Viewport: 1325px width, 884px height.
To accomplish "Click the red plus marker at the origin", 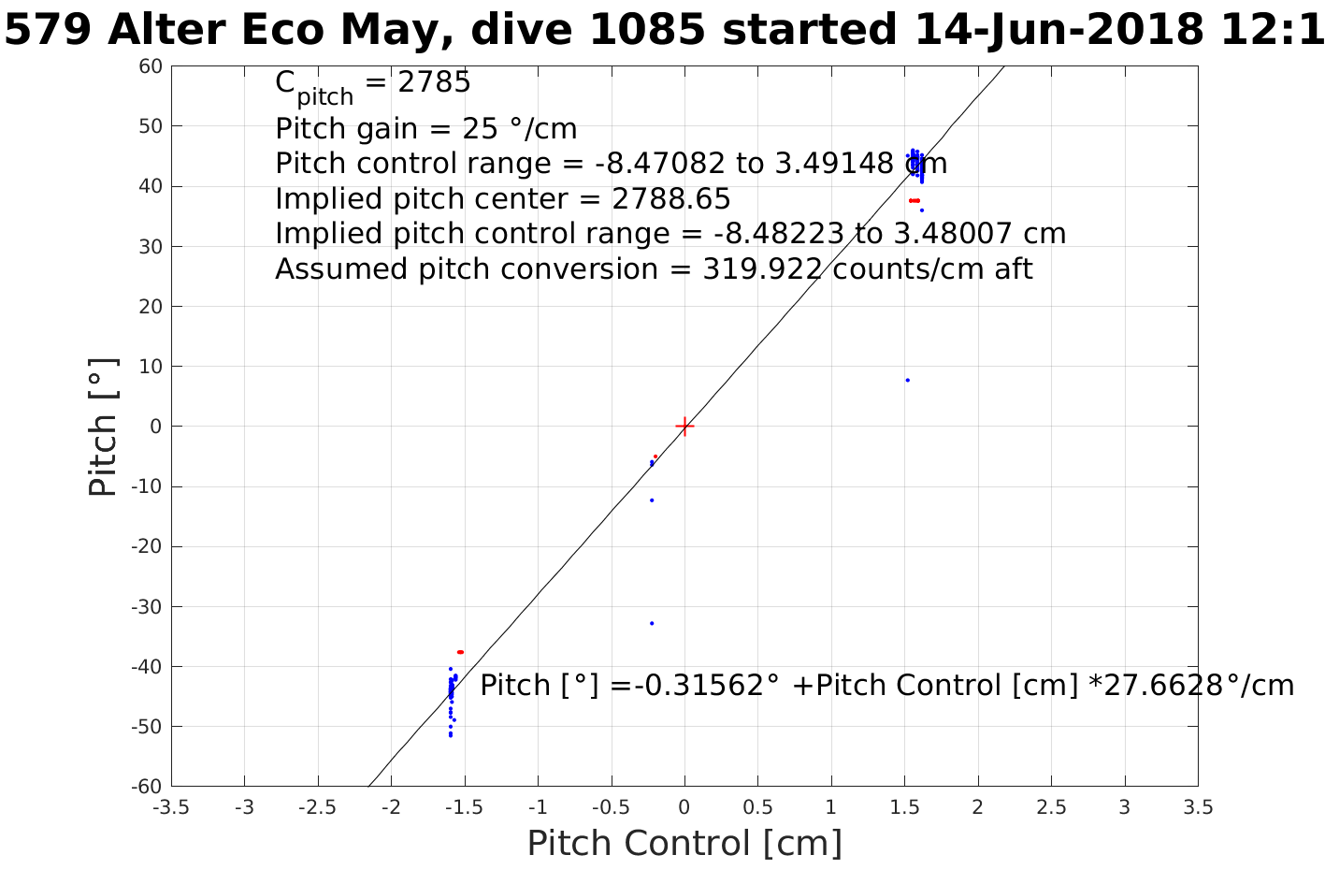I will tap(684, 427).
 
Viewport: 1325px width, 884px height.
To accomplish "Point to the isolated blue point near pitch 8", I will tap(907, 380).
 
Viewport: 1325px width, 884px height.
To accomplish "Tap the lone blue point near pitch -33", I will tap(652, 623).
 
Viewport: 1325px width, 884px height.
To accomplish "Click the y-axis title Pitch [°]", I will tap(104, 427).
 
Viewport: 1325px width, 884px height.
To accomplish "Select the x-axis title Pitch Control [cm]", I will tap(684, 844).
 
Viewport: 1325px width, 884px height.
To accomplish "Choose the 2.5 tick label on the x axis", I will tap(1051, 807).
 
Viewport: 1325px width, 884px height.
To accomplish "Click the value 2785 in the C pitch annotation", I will tap(435, 83).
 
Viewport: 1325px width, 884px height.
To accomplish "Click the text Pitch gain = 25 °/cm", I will tap(425, 128).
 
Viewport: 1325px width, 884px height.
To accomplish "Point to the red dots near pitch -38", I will tap(460, 652).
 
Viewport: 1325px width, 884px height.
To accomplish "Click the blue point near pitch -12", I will tap(652, 500).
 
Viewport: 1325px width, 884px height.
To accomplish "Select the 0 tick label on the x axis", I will tap(684, 807).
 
